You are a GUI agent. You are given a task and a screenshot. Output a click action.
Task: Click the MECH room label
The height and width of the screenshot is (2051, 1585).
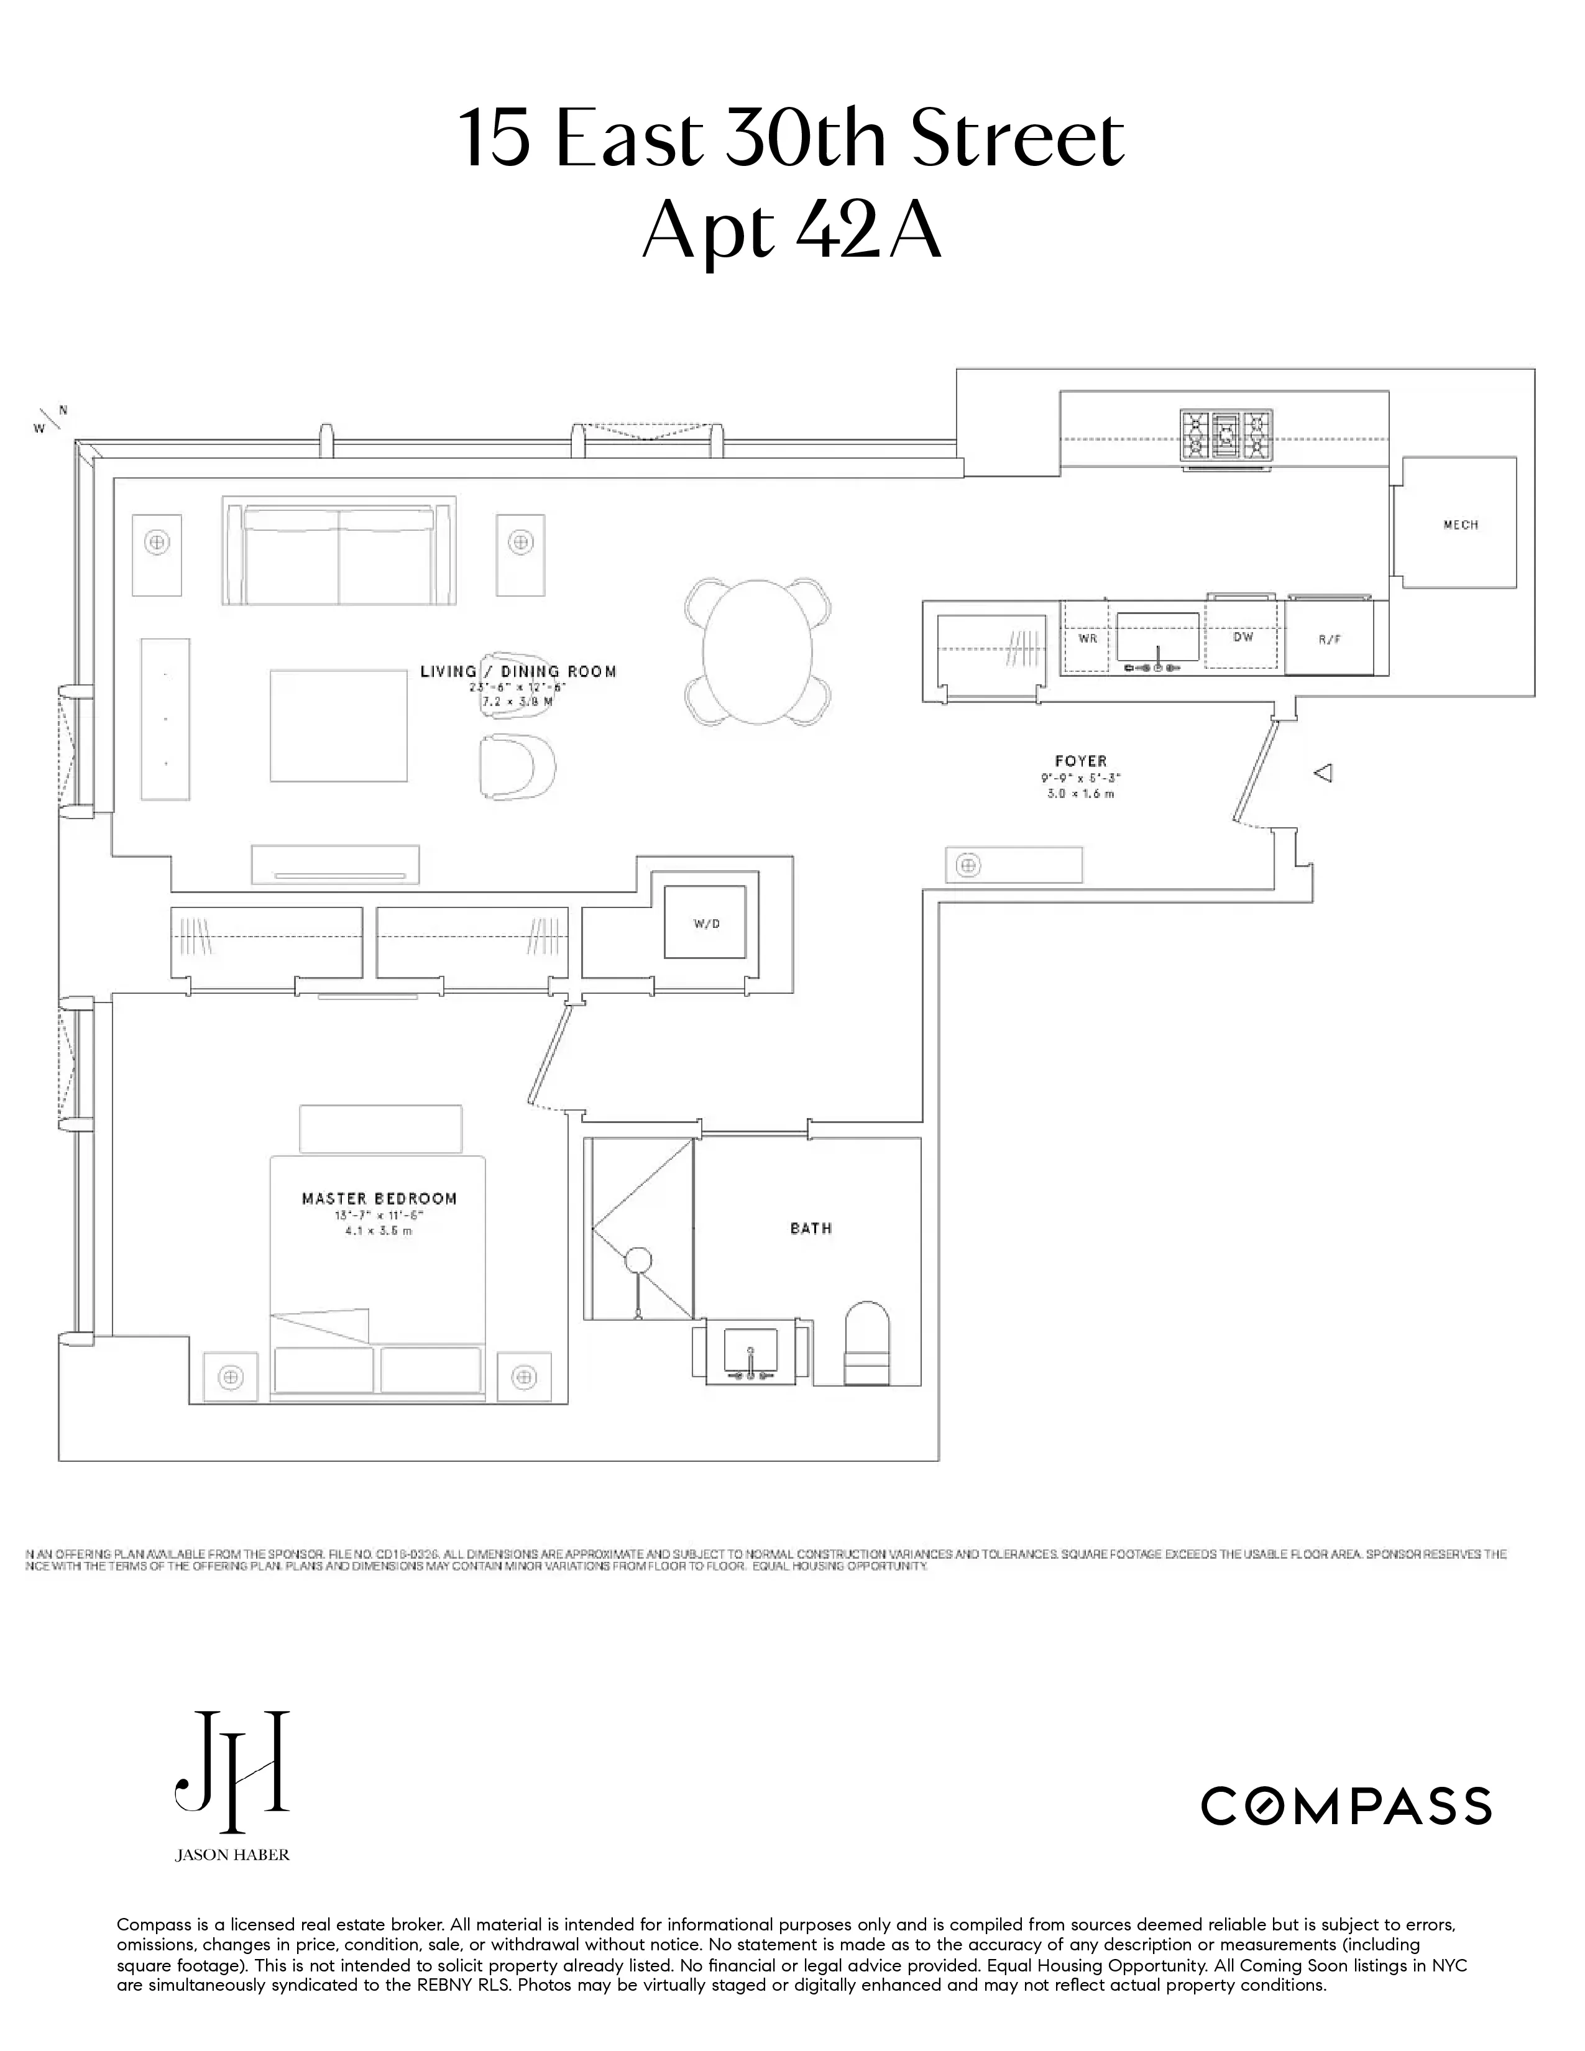pyautogui.click(x=1460, y=525)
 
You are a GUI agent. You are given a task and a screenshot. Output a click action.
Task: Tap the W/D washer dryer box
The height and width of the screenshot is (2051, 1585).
pyautogui.click(x=706, y=923)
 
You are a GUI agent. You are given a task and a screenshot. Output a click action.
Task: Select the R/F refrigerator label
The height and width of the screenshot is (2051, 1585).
pyautogui.click(x=1330, y=640)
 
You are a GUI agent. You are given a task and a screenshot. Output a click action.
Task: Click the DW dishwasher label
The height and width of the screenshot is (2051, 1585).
pyautogui.click(x=1243, y=636)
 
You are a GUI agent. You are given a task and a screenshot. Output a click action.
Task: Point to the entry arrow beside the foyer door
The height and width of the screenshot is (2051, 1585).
pyautogui.click(x=1323, y=774)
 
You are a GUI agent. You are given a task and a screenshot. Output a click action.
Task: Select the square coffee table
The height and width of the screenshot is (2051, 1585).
pyautogui.click(x=338, y=725)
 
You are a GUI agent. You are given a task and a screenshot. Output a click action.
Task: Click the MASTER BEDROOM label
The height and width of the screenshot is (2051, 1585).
pyautogui.click(x=379, y=1198)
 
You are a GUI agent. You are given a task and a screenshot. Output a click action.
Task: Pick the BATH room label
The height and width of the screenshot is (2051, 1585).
pyautogui.click(x=811, y=1227)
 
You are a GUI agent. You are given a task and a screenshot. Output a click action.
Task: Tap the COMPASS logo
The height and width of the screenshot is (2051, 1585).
pyautogui.click(x=1346, y=1806)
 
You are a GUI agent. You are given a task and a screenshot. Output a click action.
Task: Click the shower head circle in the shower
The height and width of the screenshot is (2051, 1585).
pyautogui.click(x=638, y=1259)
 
